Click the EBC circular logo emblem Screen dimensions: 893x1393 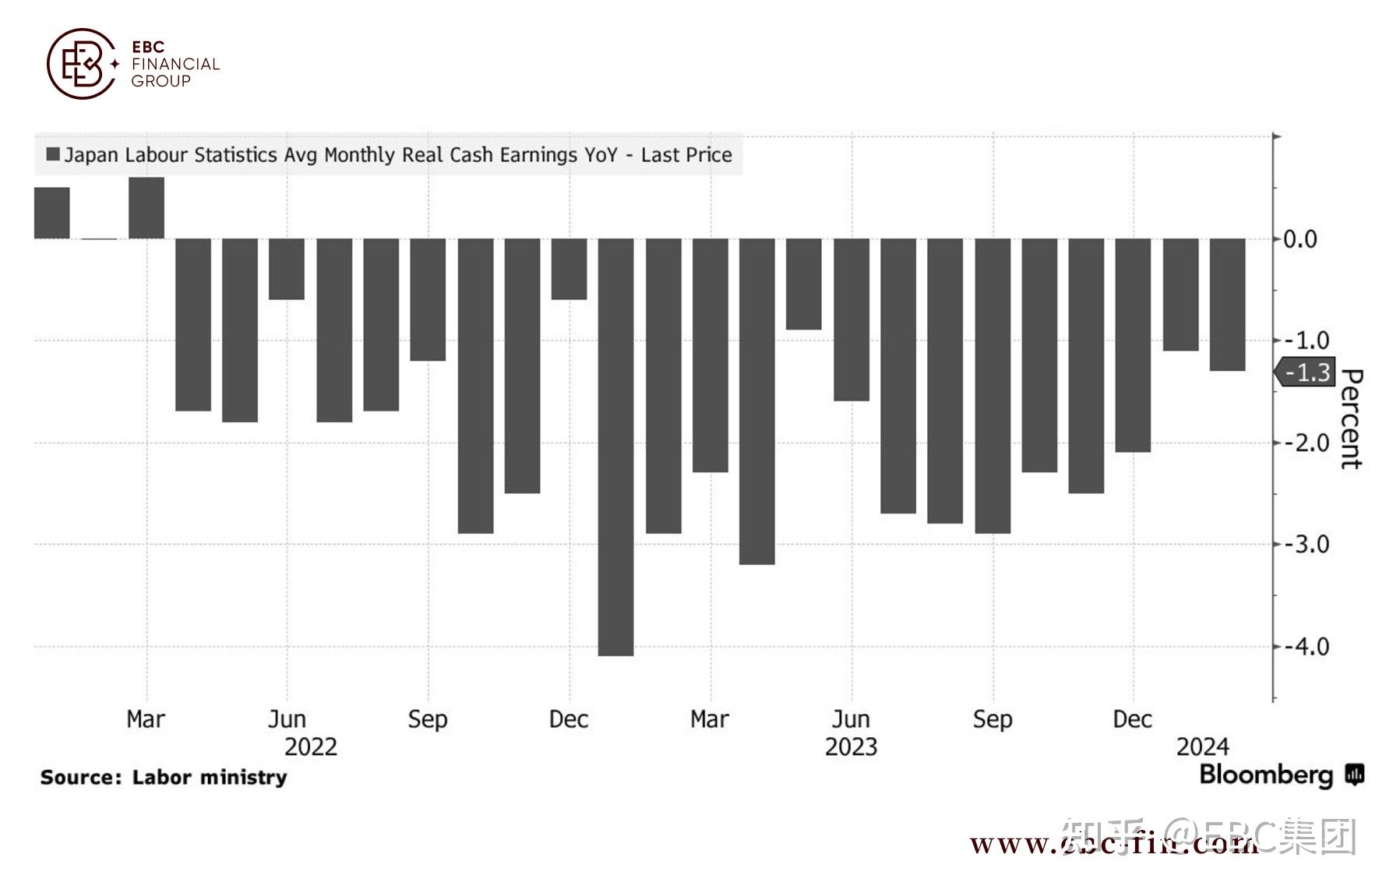click(81, 64)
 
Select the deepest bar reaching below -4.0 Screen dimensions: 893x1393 click(615, 447)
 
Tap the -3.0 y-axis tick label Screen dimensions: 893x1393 click(1302, 544)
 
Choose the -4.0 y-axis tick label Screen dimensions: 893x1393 click(1302, 646)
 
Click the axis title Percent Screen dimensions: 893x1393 click(1352, 418)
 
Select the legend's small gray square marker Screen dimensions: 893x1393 click(53, 154)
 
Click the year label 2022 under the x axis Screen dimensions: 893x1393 click(310, 747)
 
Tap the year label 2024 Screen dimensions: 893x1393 click(1202, 747)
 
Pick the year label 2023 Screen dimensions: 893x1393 click(851, 747)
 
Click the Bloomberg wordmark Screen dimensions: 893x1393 click(1267, 775)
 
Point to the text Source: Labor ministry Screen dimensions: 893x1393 click(164, 777)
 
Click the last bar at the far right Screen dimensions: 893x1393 click(1227, 304)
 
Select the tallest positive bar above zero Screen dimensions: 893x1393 click(146, 208)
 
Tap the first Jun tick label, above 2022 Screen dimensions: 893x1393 click(287, 718)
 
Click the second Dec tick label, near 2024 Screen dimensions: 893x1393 click(1132, 718)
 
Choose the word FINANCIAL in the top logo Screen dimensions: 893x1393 click(175, 64)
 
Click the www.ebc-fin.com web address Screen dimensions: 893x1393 click(1114, 844)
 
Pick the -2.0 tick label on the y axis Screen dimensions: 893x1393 click(1302, 443)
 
